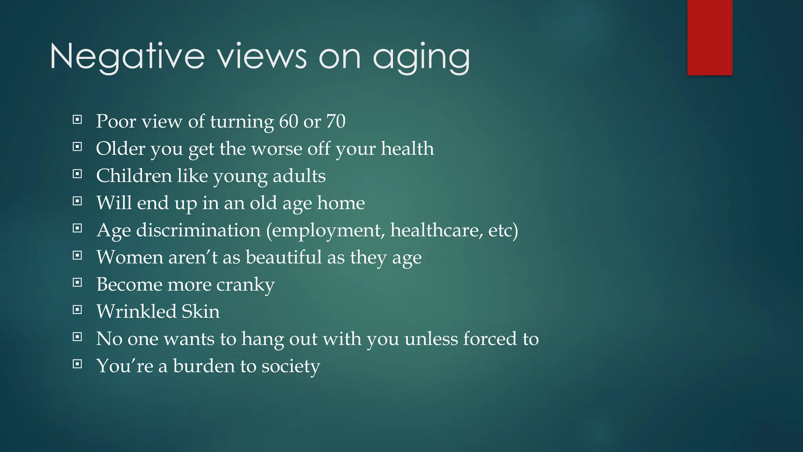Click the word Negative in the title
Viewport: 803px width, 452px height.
tap(127, 57)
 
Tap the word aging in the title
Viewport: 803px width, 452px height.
tap(421, 58)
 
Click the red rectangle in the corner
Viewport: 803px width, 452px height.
tap(710, 37)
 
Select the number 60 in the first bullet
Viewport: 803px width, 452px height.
tap(289, 121)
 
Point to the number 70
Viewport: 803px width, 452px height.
tap(336, 121)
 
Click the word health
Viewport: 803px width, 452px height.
tap(407, 149)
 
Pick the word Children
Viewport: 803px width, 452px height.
tap(134, 176)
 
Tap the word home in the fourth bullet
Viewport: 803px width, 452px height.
tap(341, 203)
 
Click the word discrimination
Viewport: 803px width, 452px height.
tap(198, 230)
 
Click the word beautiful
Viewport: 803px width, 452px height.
tap(283, 257)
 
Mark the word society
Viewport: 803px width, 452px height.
tap(291, 366)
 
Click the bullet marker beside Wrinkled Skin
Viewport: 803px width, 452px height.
tap(78, 310)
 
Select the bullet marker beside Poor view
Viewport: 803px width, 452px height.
tap(78, 120)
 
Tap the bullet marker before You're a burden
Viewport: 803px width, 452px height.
tap(78, 364)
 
